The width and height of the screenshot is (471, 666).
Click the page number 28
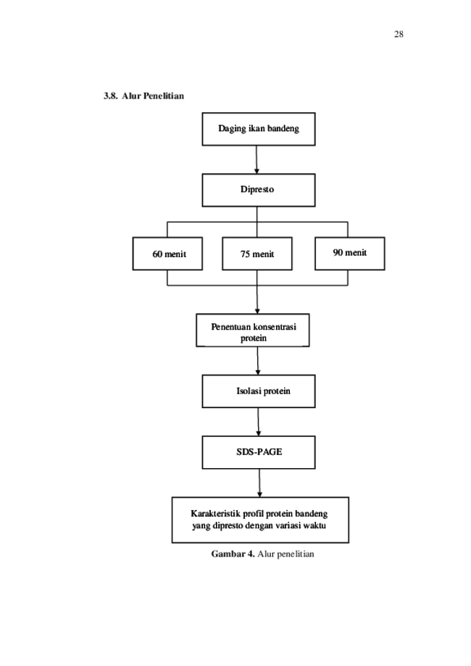click(399, 34)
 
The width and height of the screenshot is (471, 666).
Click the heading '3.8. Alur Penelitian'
click(144, 96)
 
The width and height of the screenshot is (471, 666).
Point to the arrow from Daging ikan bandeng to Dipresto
click(257, 159)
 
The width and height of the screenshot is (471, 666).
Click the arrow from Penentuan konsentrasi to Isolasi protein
click(258, 361)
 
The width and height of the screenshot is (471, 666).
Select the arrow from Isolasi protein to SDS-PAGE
click(258, 422)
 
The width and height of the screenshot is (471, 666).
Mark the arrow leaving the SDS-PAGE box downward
click(259, 483)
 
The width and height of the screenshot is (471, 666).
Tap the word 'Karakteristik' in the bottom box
click(215, 514)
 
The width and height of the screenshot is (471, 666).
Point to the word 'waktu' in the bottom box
click(314, 526)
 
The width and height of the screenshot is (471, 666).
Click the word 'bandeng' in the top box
click(283, 129)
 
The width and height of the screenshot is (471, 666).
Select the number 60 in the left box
click(157, 254)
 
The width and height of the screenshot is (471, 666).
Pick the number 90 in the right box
click(338, 253)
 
